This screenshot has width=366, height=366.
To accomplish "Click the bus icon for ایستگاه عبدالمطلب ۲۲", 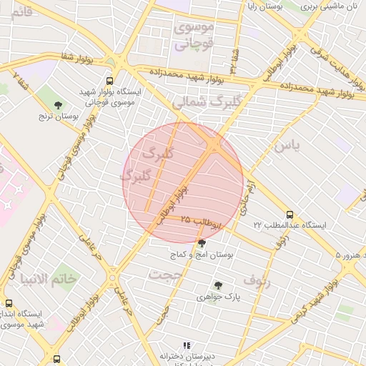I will (290, 214).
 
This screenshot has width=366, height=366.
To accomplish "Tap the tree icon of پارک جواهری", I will (218, 284).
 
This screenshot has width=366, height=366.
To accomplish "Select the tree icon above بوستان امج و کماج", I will (202, 243).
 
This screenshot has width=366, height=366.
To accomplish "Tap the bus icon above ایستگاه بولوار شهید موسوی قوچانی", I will (109, 81).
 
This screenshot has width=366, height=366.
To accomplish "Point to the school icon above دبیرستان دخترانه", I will (187, 345).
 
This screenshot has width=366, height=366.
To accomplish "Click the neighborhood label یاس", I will (284, 146).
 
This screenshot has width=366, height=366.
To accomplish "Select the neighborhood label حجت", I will (166, 274).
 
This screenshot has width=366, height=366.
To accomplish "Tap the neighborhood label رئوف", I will (257, 279).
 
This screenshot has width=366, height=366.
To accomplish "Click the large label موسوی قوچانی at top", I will (194, 36).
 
